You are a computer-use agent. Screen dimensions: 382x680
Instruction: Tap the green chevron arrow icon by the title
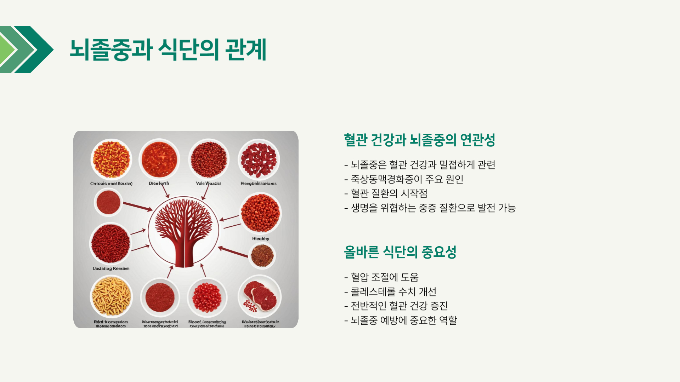click(x=27, y=50)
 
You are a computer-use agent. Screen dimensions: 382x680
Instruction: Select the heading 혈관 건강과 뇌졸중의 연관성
click(x=419, y=140)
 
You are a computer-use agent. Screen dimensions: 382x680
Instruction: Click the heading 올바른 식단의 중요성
click(x=400, y=252)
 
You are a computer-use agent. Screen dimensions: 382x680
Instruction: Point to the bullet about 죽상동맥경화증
click(x=404, y=179)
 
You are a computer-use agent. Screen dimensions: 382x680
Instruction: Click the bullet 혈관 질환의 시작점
click(x=386, y=193)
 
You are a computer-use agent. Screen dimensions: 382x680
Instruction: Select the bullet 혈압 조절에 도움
click(x=382, y=277)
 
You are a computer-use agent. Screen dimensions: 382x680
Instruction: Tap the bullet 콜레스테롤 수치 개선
click(x=390, y=292)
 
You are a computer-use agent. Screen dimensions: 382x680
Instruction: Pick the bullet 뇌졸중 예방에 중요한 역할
click(x=401, y=320)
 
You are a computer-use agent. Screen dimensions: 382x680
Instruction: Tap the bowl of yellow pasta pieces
click(x=111, y=296)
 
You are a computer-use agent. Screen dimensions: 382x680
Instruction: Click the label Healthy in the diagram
click(x=261, y=239)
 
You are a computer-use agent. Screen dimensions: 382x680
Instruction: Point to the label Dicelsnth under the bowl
click(x=159, y=184)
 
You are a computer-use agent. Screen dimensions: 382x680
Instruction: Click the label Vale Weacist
click(x=208, y=184)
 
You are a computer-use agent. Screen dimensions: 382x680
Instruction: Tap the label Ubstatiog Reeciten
click(x=111, y=269)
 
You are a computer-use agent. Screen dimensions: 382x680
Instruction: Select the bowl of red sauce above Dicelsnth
click(x=159, y=160)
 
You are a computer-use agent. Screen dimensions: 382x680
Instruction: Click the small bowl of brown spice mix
click(x=262, y=256)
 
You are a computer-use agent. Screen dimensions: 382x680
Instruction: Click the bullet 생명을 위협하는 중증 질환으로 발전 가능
click(x=430, y=208)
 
